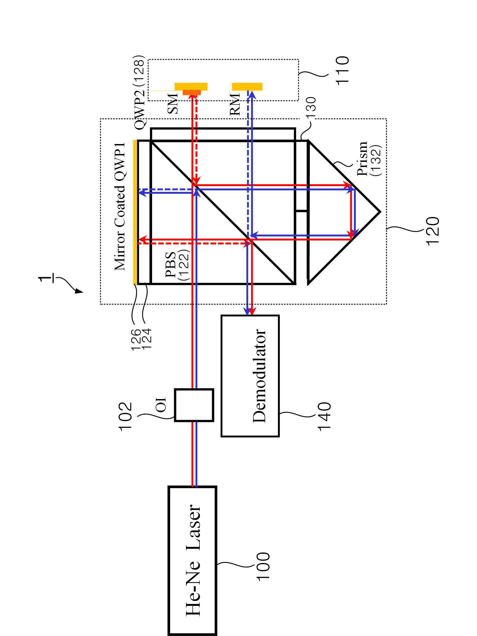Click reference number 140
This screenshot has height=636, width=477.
[324, 416]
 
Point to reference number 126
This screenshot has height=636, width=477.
[136, 340]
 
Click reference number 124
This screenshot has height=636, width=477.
[146, 340]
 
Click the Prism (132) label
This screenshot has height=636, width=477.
[369, 158]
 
